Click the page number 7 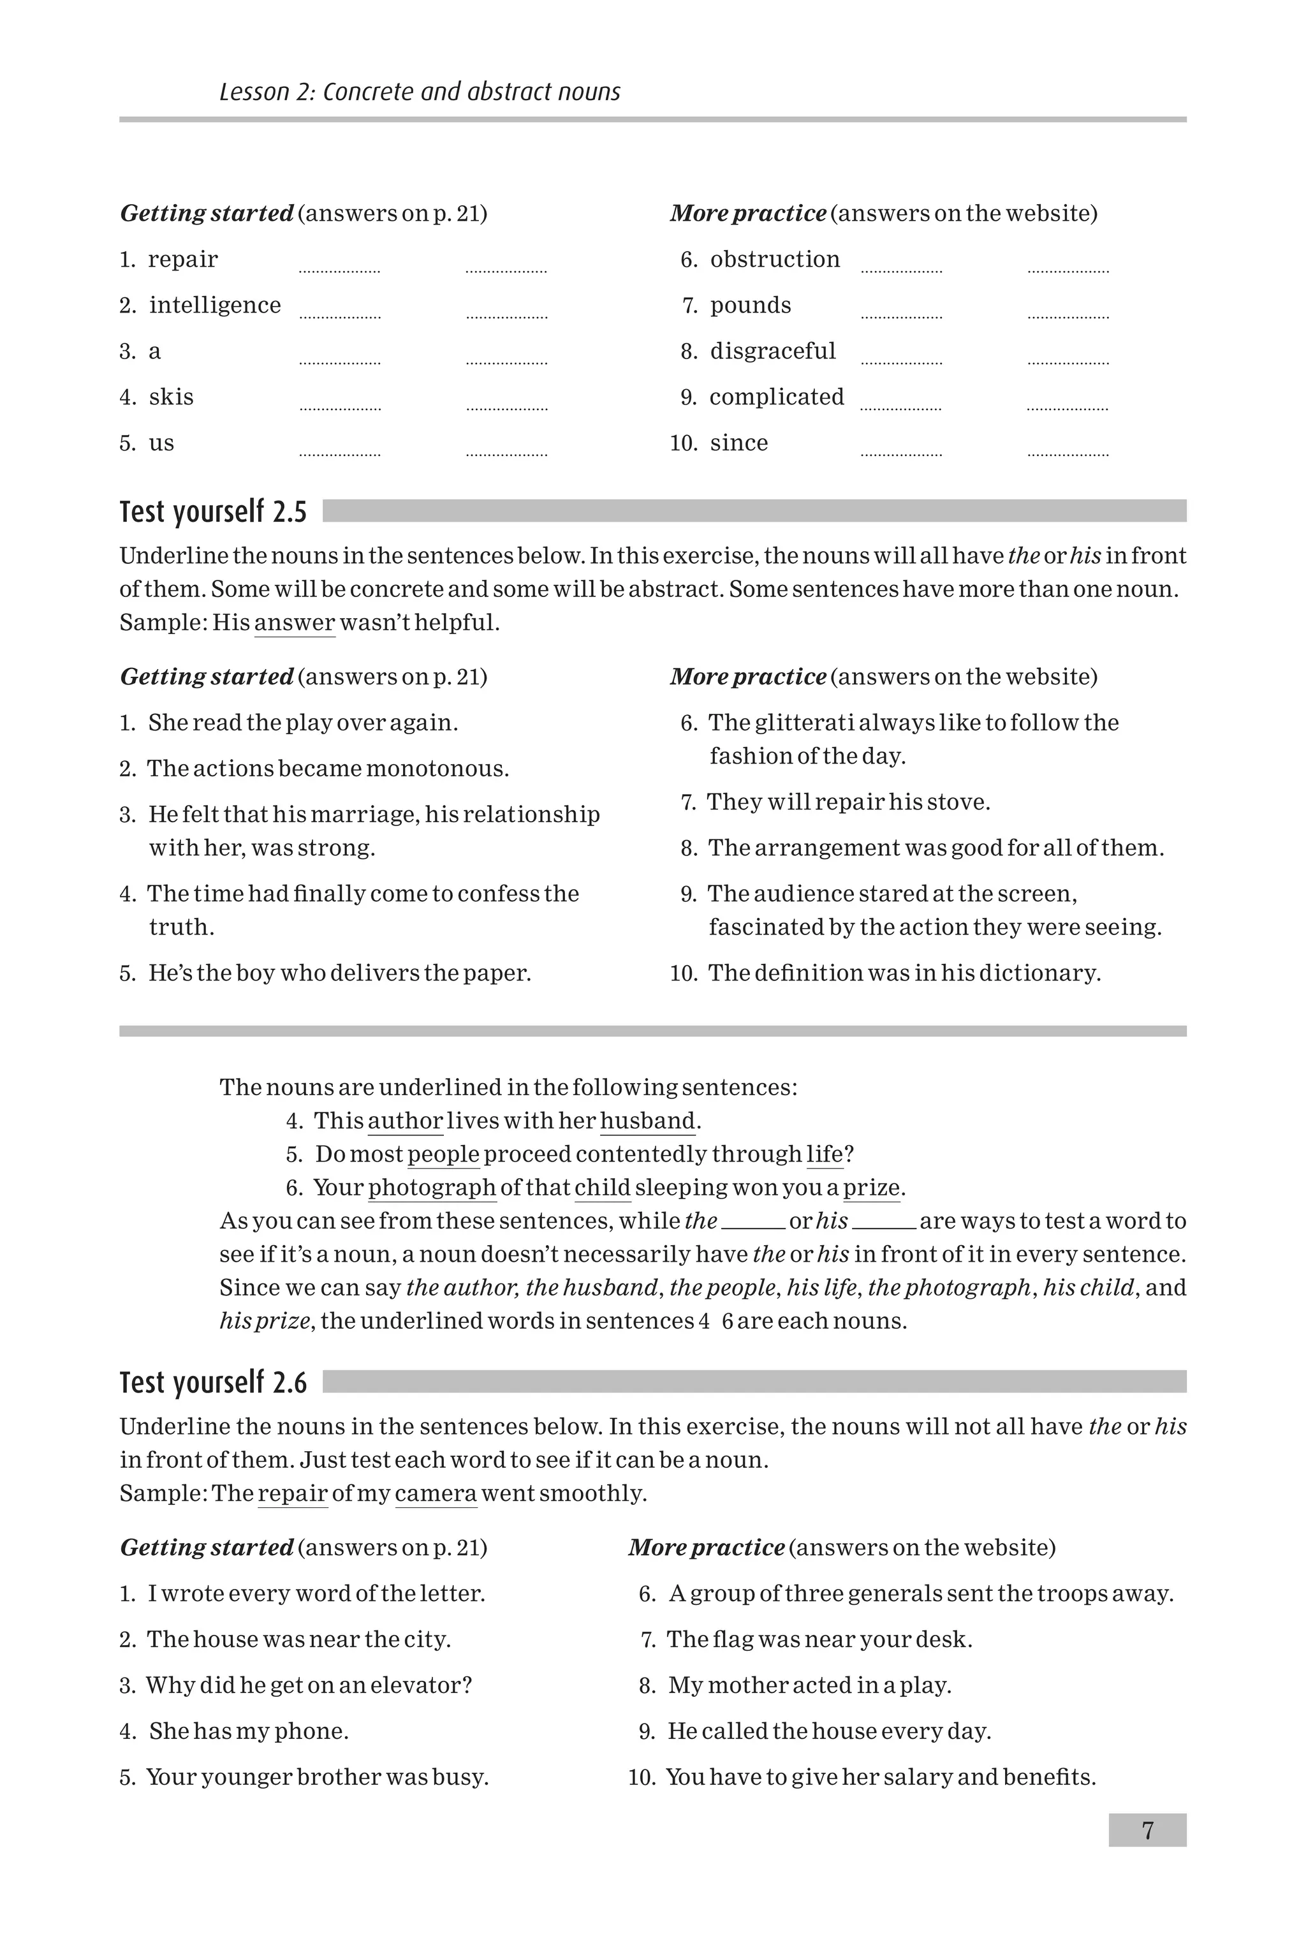1147,1830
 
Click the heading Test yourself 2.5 213,512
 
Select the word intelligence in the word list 215,306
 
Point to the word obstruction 775,260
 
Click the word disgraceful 772,351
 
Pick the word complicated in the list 776,397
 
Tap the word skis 171,397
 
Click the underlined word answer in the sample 294,623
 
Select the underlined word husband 647,1121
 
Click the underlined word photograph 432,1188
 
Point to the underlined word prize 871,1188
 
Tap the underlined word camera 436,1493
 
